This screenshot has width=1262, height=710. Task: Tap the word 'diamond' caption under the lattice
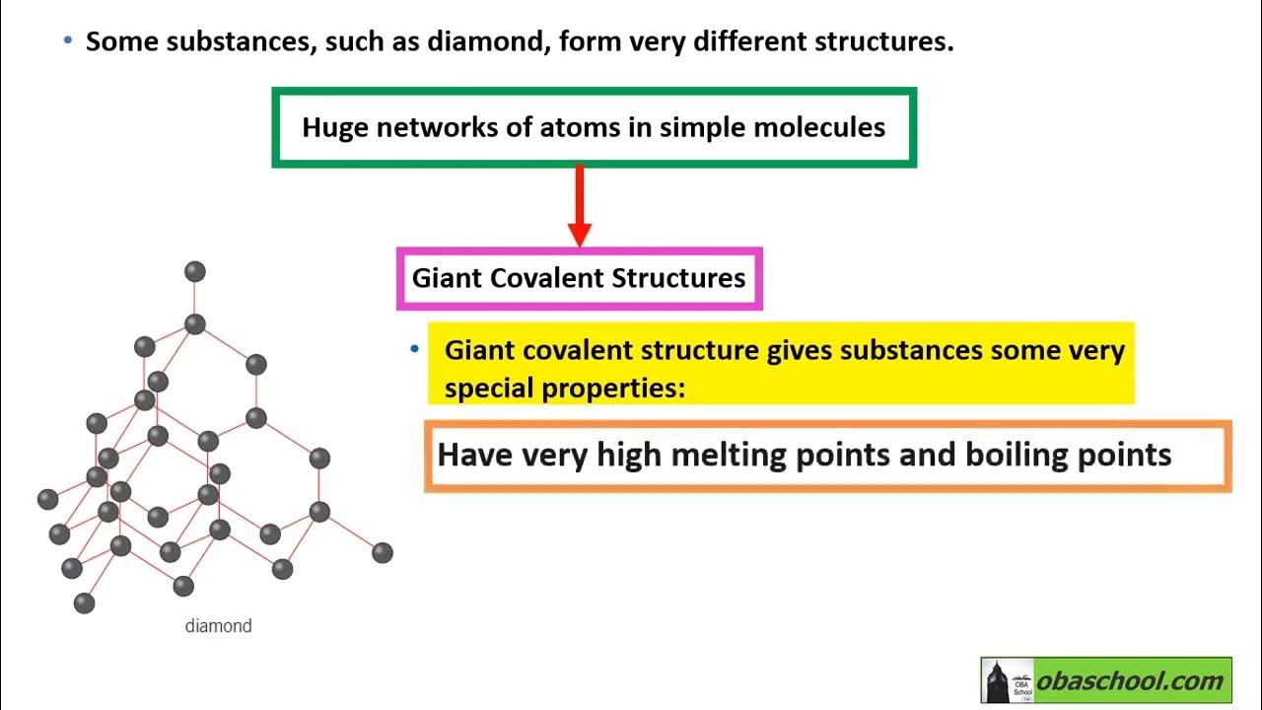tap(218, 626)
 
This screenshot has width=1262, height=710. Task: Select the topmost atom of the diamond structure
tap(195, 271)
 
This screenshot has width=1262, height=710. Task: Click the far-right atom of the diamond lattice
tap(383, 552)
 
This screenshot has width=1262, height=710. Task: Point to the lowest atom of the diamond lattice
tap(85, 603)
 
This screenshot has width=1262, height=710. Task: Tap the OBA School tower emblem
tap(1007, 680)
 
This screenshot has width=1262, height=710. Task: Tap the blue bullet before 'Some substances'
tap(67, 41)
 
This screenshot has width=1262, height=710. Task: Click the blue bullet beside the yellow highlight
tap(415, 350)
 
